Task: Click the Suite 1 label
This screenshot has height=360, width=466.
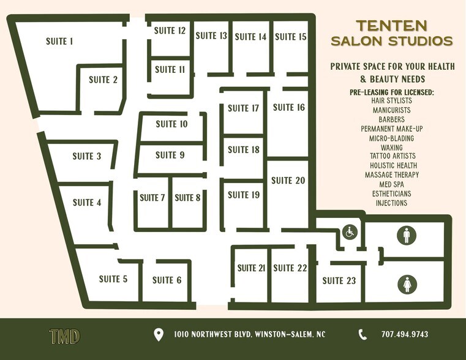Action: (59, 42)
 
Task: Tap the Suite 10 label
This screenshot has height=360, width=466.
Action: (171, 124)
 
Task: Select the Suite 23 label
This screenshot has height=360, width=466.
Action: (339, 281)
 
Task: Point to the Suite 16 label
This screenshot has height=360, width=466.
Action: (288, 108)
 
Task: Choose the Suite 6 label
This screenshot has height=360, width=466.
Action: (167, 280)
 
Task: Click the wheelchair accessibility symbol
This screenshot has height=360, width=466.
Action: (350, 233)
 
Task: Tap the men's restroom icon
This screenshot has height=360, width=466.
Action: (407, 235)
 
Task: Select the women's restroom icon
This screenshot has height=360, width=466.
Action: (407, 283)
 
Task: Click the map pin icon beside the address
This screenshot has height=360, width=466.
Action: (159, 335)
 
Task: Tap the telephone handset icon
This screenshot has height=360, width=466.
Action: (363, 334)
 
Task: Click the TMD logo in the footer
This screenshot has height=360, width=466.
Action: (64, 336)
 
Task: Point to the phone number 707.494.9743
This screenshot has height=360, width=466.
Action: (404, 335)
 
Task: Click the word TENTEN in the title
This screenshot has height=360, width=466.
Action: (393, 26)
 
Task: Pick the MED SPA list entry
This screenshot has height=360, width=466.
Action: (391, 184)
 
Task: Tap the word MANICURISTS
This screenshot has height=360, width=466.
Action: (391, 110)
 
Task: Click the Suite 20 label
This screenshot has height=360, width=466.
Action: (288, 181)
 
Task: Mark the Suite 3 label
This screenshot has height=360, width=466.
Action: (87, 156)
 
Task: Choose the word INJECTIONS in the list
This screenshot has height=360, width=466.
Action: (391, 203)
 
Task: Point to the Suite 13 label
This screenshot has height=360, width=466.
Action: (211, 36)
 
